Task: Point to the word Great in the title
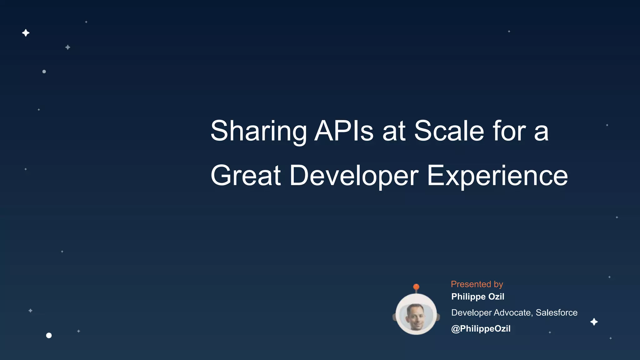246,176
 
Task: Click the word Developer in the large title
354,176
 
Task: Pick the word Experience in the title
497,176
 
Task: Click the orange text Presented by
477,284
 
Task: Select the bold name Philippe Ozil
477,297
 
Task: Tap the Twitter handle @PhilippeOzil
481,328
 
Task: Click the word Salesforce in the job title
557,312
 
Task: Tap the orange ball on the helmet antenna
416,287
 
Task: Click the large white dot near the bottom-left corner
49,335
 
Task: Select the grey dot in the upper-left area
44,72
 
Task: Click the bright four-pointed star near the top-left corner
26,33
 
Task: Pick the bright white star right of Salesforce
594,322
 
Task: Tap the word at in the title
394,131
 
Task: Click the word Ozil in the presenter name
496,297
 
